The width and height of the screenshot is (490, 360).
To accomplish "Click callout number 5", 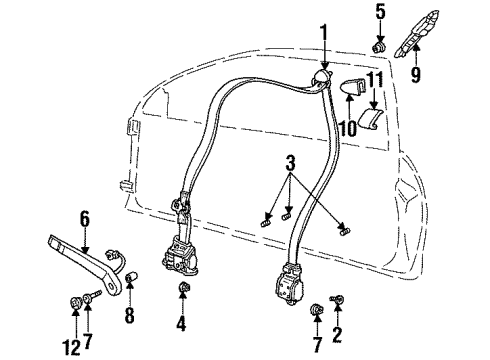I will point(379,12).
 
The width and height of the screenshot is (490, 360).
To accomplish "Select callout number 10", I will point(347,127).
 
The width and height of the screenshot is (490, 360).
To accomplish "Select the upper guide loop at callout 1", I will point(324,77).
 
